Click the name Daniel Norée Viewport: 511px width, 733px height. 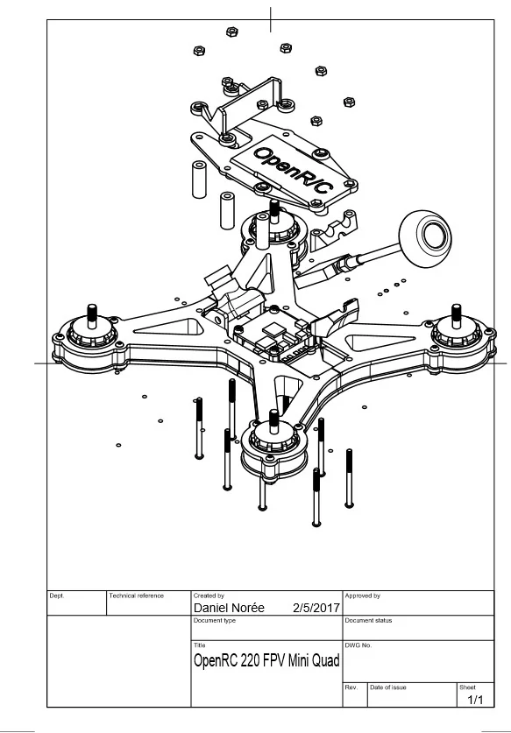point(229,608)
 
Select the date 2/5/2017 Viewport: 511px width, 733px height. point(316,608)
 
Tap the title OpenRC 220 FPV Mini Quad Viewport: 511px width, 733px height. point(266,660)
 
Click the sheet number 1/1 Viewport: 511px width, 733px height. point(475,700)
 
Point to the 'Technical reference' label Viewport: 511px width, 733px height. point(137,596)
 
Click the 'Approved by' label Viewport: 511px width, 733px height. point(363,596)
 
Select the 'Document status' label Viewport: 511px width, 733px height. point(368,620)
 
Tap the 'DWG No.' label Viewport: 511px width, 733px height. point(358,645)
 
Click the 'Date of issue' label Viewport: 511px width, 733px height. point(388,687)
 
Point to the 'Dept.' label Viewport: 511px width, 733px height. point(57,596)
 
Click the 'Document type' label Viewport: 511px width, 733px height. point(215,620)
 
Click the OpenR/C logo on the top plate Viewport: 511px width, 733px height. point(294,170)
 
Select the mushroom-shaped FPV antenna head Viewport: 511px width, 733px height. point(425,238)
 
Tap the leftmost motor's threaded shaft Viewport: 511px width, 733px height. point(92,315)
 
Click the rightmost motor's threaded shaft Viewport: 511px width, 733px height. point(457,315)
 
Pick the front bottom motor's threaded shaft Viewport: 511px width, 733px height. point(273,420)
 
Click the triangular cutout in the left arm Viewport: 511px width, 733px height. point(168,327)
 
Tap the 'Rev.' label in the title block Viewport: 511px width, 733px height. point(351,687)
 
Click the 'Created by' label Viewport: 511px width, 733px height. point(209,596)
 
